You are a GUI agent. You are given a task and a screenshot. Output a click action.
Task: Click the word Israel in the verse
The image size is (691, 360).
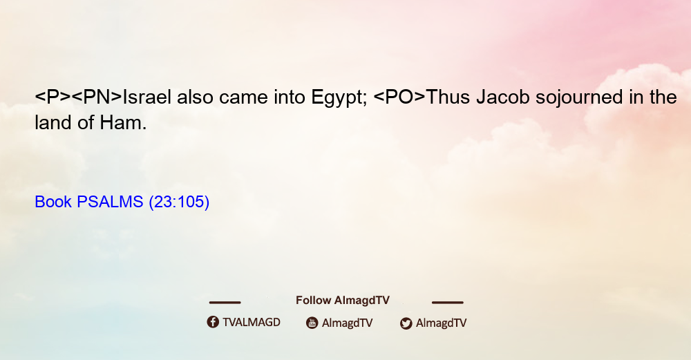[146, 97]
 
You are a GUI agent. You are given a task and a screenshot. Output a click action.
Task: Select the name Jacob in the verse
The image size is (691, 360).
[503, 97]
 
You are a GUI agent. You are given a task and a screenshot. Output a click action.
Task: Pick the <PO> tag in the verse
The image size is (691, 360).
[399, 97]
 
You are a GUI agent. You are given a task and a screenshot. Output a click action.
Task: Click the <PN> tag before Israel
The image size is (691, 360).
[97, 97]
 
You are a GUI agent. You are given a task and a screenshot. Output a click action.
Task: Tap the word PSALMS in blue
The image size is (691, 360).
[110, 202]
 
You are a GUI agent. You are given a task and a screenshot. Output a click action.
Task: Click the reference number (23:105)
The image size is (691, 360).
[179, 202]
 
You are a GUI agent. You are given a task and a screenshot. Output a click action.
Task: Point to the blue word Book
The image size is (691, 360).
[53, 202]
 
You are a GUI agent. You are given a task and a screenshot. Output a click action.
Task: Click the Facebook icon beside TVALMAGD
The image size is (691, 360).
[213, 322]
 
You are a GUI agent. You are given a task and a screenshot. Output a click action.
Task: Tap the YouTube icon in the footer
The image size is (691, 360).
[312, 323]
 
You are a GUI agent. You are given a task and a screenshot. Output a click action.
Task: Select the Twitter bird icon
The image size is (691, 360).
[406, 323]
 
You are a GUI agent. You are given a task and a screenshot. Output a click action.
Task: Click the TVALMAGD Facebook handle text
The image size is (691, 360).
[252, 323]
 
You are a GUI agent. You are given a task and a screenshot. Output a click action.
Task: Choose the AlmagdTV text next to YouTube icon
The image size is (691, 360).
[348, 323]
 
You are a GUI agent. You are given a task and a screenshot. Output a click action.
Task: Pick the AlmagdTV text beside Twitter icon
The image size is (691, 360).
[441, 323]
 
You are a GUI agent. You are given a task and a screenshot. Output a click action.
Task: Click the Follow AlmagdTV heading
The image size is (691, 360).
[343, 301]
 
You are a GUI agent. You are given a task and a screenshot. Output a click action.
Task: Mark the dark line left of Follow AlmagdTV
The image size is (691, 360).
[225, 303]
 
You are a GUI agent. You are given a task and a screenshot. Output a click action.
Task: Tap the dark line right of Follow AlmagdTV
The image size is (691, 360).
[448, 303]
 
